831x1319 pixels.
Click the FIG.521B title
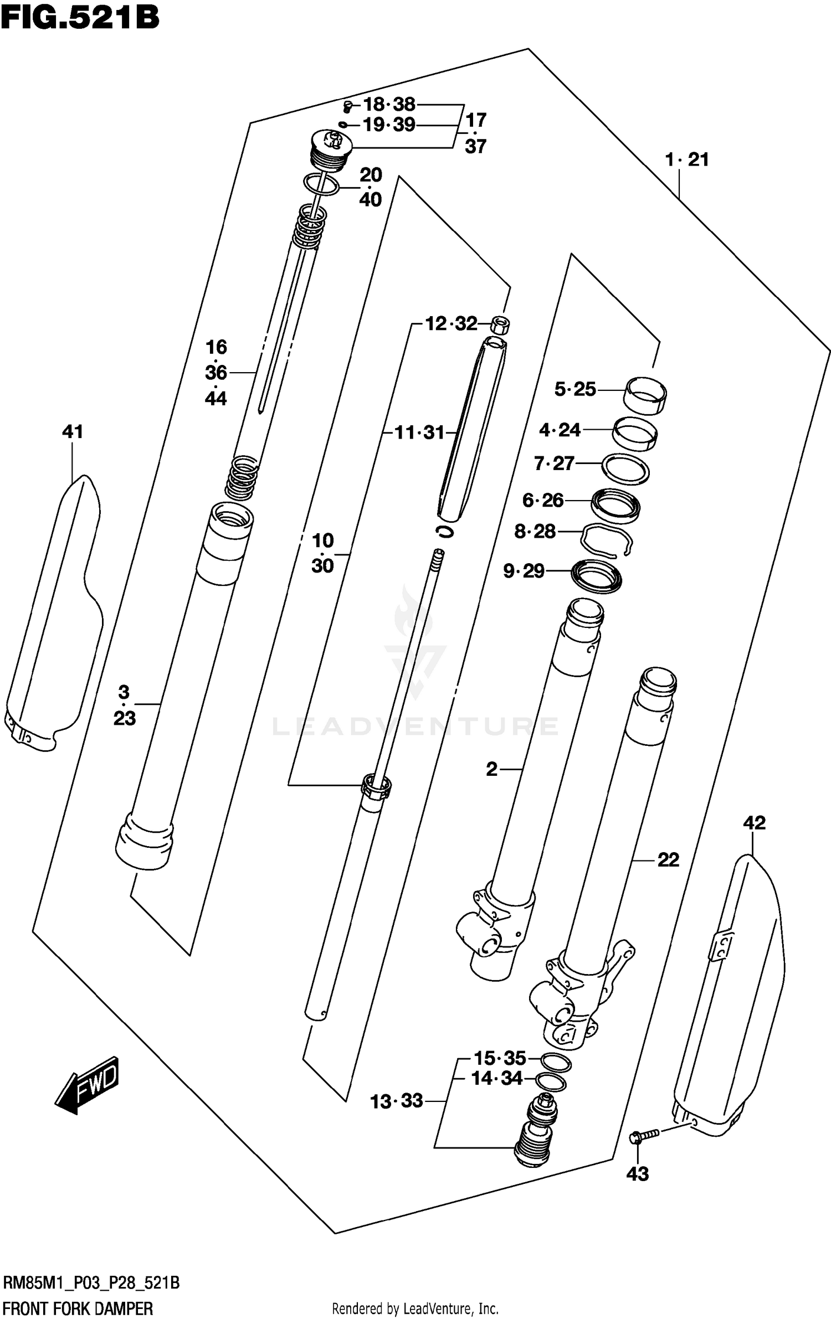[x=80, y=18]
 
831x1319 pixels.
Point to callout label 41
[x=73, y=431]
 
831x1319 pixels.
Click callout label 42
[x=754, y=822]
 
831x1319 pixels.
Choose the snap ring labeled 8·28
[x=606, y=539]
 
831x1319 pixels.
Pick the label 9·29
[x=524, y=571]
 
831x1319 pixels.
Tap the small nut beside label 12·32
[x=501, y=324]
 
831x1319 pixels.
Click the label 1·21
[x=687, y=160]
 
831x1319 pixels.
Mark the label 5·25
[x=575, y=389]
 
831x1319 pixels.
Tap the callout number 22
[x=668, y=860]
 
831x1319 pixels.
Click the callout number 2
[x=491, y=769]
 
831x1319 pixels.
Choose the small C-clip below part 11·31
[x=444, y=531]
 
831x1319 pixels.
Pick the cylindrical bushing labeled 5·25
[x=645, y=394]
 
